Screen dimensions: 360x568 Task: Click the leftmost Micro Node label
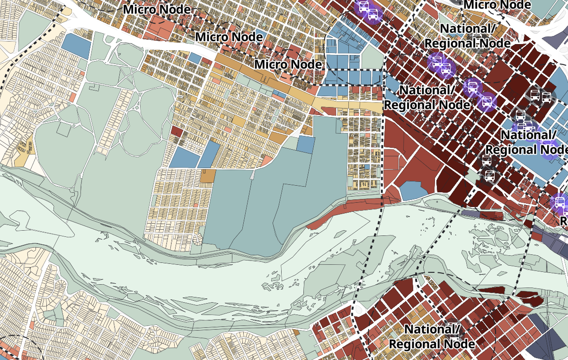[x=157, y=9]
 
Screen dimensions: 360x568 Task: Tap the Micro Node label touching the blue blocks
[x=288, y=64]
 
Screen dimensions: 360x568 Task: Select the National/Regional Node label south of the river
[x=431, y=336]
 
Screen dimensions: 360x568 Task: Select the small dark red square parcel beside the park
[x=177, y=131]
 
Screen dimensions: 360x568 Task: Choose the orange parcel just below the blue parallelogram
[x=208, y=176]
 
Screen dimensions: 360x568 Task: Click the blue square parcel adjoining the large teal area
[x=306, y=144]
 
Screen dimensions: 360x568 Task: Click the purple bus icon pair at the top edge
[x=368, y=10]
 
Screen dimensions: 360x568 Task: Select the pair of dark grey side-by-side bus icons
[x=540, y=96]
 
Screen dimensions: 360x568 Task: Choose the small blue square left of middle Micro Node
[x=195, y=58]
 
